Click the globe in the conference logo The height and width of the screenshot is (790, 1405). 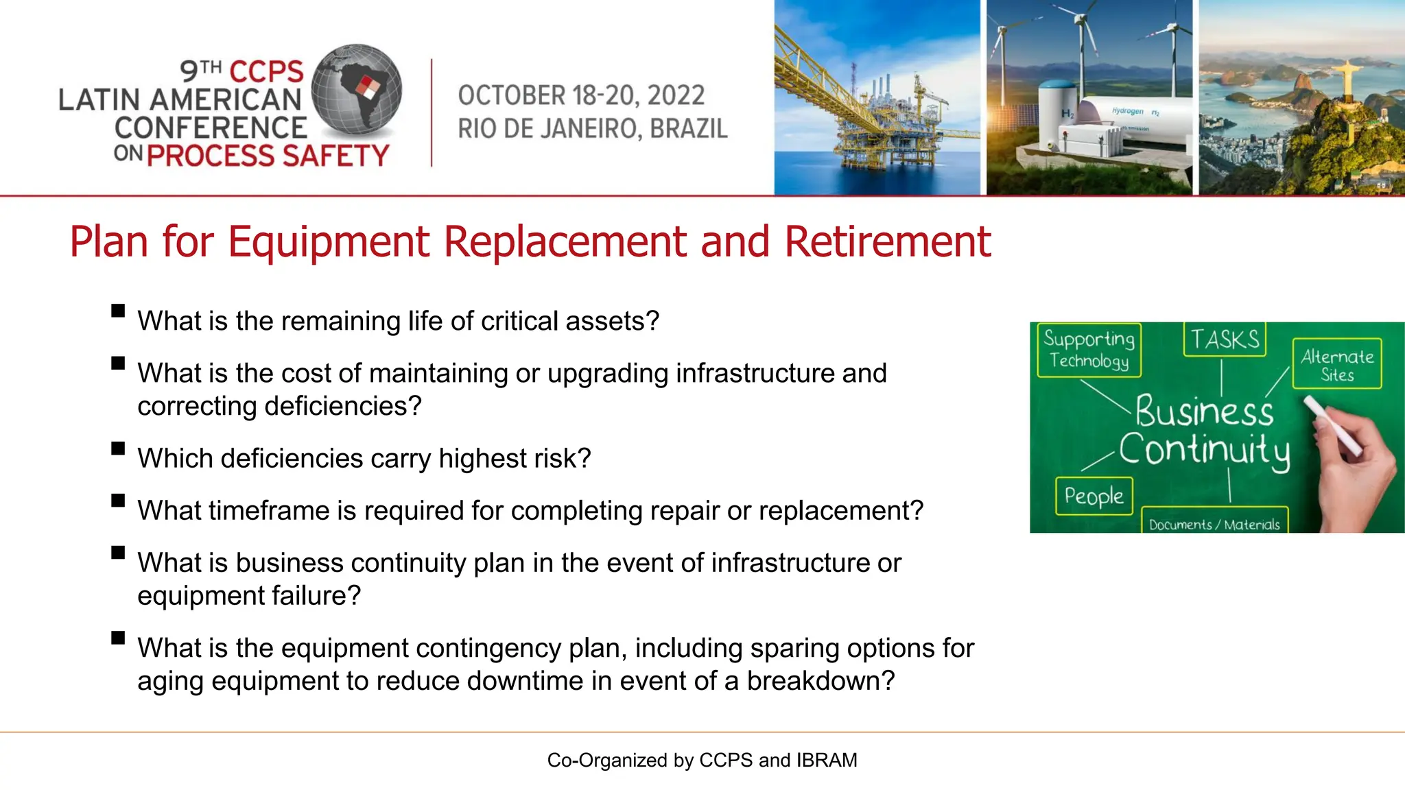click(x=356, y=89)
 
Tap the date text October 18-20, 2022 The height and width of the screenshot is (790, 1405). click(x=581, y=95)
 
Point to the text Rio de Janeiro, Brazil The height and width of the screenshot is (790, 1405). click(x=593, y=129)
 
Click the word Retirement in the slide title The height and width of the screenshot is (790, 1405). click(x=887, y=241)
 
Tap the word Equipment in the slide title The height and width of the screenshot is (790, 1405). click(x=327, y=241)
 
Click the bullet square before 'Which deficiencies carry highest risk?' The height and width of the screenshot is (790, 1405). click(x=118, y=448)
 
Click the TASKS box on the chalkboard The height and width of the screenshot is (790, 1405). click(x=1225, y=339)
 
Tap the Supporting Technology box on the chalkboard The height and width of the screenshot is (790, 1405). click(x=1089, y=350)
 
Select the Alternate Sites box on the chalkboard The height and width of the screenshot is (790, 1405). click(x=1337, y=364)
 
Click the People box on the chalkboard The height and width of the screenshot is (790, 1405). click(x=1094, y=496)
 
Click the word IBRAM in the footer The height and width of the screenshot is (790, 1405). click(x=827, y=760)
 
